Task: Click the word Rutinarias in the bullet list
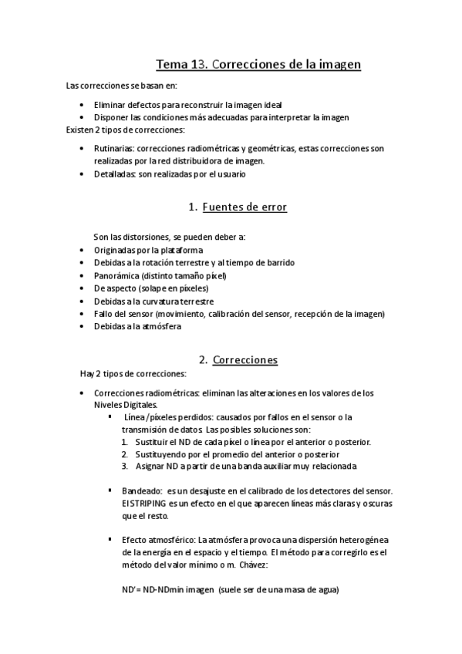click(113, 148)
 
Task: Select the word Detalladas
click(113, 174)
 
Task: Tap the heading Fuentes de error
click(244, 207)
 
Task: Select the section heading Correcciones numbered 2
click(244, 360)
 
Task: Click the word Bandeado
click(142, 490)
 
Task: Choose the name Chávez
click(248, 565)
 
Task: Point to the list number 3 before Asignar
click(125, 466)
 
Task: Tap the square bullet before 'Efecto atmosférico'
click(110, 540)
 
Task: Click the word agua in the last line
click(325, 591)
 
